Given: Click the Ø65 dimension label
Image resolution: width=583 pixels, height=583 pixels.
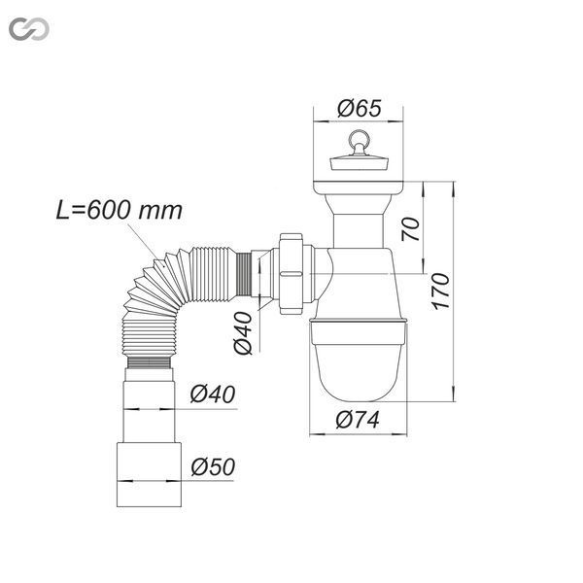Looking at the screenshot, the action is point(360,108).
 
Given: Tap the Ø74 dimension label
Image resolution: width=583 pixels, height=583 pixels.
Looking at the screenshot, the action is point(358,420).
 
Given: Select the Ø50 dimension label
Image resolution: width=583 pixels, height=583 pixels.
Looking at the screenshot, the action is point(213,466).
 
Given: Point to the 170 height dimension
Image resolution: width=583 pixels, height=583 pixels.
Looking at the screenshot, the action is point(441,291).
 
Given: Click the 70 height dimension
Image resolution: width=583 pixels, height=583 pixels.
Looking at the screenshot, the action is point(410,229).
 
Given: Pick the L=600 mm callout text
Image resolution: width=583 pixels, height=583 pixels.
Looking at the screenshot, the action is point(120,211).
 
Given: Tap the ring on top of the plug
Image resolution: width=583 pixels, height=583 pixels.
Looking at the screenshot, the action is point(358,139).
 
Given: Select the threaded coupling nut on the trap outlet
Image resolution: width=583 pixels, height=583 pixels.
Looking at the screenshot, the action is point(291,274).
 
